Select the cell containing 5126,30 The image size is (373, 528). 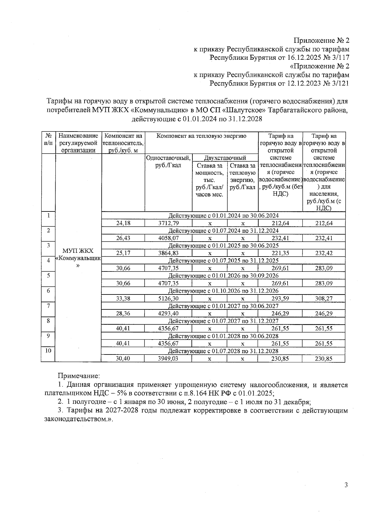pos(168,299)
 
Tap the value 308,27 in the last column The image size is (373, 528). pos(324,299)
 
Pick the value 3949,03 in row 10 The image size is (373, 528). pos(168,359)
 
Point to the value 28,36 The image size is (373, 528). pos(123,313)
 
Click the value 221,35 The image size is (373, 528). pos(280,253)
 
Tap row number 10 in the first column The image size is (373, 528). pos(48,351)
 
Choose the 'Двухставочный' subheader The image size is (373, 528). pos(225,158)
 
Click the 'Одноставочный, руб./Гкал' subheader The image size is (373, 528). pos(168,161)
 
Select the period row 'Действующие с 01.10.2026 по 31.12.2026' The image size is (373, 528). pos(223,291)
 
